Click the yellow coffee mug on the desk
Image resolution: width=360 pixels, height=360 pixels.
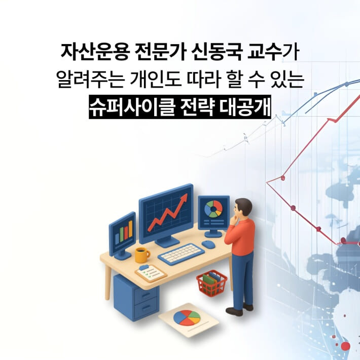pos(141,254)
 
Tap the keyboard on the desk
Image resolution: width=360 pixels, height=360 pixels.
pos(181,254)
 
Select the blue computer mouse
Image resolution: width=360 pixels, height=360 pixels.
pos(208,244)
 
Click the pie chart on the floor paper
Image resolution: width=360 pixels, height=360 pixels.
pos(187,318)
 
